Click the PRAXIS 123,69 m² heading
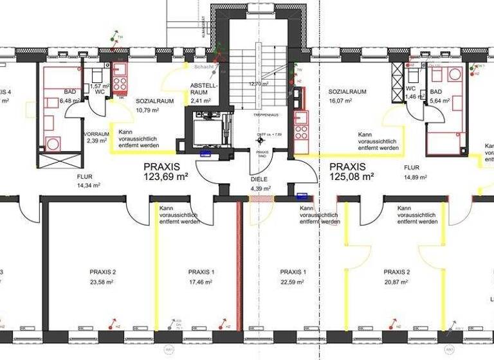point(165,171)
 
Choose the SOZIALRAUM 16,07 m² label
point(347,96)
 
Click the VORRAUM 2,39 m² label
point(96,137)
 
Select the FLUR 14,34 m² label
point(86,180)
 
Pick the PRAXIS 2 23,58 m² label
point(102,276)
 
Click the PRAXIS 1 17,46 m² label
point(201,276)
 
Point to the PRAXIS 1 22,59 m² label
point(293,276)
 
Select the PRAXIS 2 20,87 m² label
point(397,276)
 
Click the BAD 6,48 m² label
point(69,96)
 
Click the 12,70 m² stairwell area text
point(259,84)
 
